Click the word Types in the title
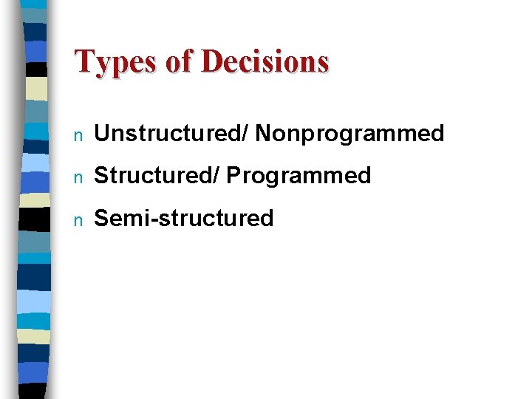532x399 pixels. coord(115,62)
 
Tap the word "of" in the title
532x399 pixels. coord(178,62)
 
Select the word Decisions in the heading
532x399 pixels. coord(265,62)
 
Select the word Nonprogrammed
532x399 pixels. coord(349,134)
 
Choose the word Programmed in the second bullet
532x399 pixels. coord(299,176)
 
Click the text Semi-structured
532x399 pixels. coord(184,218)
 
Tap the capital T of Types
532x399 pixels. coord(83,61)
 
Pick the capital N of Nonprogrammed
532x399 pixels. coord(263,134)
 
